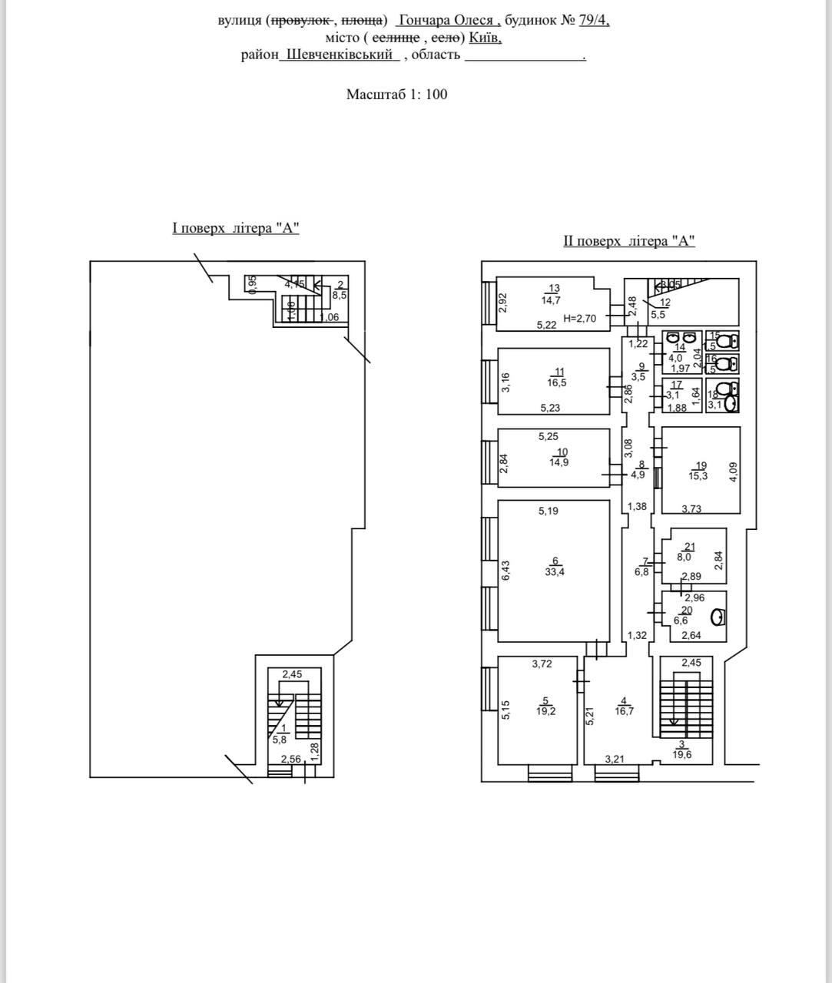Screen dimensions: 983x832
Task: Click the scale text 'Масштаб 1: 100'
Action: click(396, 94)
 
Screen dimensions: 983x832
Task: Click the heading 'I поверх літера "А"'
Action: click(235, 228)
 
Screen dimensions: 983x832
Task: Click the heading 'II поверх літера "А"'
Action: click(629, 241)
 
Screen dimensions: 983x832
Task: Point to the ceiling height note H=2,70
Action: click(580, 317)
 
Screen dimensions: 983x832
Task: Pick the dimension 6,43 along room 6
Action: click(505, 569)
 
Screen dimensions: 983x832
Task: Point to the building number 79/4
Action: click(594, 21)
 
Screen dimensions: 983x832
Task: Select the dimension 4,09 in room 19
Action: click(733, 470)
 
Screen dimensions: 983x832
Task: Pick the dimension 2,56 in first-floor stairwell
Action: click(290, 760)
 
